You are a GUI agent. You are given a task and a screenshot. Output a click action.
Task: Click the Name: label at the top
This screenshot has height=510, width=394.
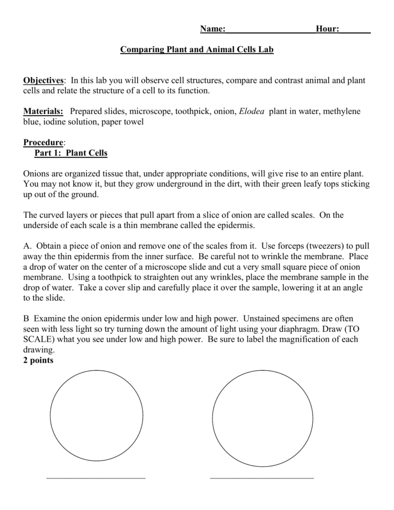(213, 29)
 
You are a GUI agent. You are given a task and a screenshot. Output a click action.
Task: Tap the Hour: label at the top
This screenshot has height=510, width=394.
(327, 29)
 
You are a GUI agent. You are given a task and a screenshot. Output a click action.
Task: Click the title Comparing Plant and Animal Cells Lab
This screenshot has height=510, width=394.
(197, 50)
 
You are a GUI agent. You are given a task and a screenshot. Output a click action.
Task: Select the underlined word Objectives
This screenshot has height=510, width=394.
(43, 80)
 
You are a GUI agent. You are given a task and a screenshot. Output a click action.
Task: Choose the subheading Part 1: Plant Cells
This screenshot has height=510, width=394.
(70, 153)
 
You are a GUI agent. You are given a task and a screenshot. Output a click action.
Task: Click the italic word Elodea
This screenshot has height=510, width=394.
(252, 111)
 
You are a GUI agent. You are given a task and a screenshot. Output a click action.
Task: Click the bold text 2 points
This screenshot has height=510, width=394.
(38, 360)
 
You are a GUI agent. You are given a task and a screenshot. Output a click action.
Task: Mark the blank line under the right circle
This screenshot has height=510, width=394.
(261, 478)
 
